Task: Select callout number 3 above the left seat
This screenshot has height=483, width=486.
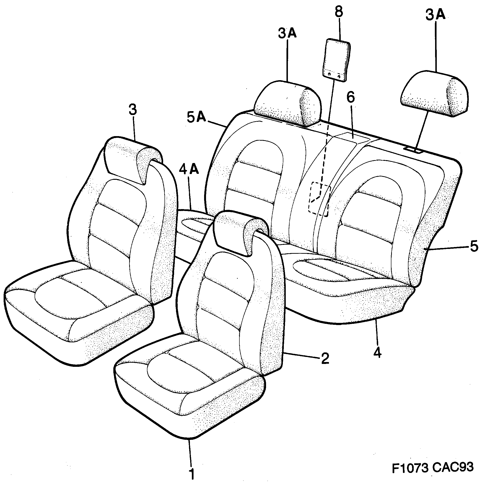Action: pyautogui.click(x=133, y=110)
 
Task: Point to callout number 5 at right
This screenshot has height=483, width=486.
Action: pyautogui.click(x=474, y=246)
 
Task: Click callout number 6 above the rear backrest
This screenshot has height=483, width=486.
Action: pyautogui.click(x=350, y=97)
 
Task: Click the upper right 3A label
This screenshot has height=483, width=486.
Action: pyautogui.click(x=435, y=15)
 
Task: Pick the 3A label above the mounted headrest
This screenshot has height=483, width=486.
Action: pyautogui.click(x=287, y=34)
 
